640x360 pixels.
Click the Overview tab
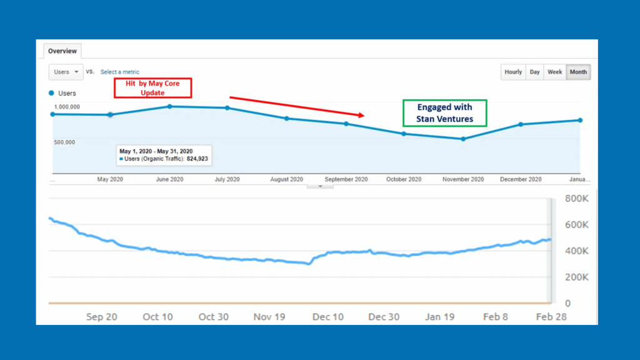62,51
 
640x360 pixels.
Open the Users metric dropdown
66,72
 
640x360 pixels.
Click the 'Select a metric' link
120,72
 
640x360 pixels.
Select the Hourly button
513,72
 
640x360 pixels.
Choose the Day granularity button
535,72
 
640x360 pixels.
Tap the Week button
555,72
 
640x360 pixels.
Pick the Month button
578,72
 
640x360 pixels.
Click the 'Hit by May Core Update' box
152,88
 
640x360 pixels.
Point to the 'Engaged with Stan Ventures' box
444,113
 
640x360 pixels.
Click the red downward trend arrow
297,106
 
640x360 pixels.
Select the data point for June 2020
169,106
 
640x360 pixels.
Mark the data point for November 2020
463,139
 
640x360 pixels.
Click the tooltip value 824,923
197,159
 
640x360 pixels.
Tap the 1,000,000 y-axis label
62,107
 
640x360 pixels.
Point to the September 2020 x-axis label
346,179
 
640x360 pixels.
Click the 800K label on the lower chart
576,199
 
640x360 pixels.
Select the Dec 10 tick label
328,317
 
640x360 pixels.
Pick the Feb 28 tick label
552,317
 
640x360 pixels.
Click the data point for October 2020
404,134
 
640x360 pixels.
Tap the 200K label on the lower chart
576,277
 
